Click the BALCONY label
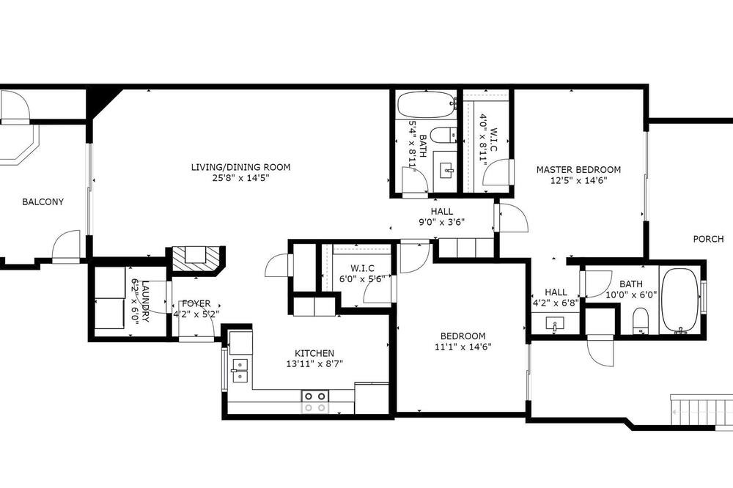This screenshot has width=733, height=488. click(x=43, y=202)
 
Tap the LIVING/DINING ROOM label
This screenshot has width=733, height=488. click(x=240, y=167)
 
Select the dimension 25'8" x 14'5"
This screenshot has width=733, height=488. click(x=240, y=178)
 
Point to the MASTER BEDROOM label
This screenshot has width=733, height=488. click(x=579, y=170)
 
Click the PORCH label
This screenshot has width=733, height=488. click(x=708, y=239)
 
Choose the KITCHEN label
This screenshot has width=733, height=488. click(x=314, y=353)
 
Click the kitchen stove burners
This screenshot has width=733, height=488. click(x=315, y=402)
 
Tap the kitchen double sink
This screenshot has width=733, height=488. click(x=240, y=370)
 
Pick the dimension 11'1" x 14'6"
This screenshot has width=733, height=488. click(x=463, y=347)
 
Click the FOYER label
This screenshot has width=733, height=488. click(x=196, y=303)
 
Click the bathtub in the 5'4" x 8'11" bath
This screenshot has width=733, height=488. click(x=427, y=104)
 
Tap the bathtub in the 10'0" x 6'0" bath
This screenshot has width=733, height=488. click(x=680, y=300)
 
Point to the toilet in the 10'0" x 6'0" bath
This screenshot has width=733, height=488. click(x=641, y=321)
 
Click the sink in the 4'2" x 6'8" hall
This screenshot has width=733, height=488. click(x=554, y=324)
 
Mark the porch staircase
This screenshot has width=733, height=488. click(x=701, y=410)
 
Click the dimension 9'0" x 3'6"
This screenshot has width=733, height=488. click(x=441, y=222)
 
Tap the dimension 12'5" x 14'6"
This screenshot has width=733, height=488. click(x=579, y=180)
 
